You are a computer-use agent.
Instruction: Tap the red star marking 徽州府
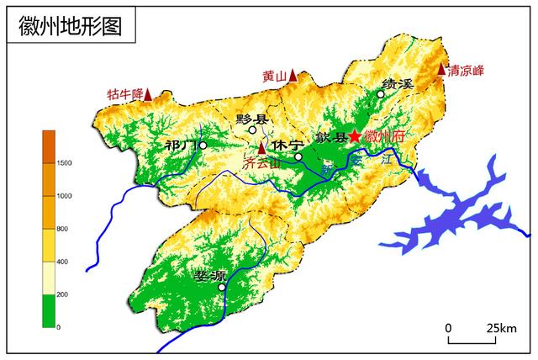[x=355, y=135]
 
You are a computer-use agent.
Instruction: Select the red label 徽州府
[x=384, y=136]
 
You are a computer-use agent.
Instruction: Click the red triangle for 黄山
[x=293, y=76]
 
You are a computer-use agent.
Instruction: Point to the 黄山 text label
[x=273, y=77]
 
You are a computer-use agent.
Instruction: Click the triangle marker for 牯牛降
[x=148, y=94]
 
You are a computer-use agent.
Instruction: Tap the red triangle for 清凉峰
[x=442, y=70]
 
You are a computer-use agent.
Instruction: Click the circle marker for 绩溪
[x=381, y=94]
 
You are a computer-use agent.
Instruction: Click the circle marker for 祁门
[x=203, y=145]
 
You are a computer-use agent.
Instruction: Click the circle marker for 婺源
[x=222, y=287]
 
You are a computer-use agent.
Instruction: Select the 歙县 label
[x=332, y=137]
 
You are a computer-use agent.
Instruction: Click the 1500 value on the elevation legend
[x=64, y=162]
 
